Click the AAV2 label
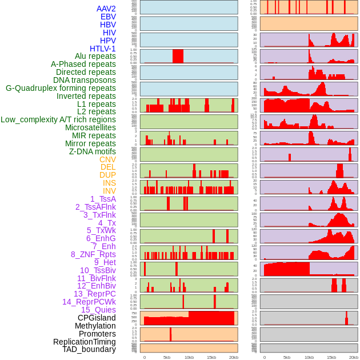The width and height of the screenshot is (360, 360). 106,9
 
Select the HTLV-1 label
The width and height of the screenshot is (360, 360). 102,49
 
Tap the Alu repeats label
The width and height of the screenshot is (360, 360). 95,57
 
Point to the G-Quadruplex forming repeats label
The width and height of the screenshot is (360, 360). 61,88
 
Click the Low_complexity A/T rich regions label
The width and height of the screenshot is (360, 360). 58,119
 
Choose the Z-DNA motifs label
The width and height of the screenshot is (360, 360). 92,151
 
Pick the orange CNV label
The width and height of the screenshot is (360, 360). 107,159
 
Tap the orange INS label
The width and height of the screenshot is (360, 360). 109,183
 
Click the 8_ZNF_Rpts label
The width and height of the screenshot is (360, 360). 93,254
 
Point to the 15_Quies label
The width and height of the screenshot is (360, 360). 98,310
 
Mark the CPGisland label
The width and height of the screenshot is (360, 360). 97,318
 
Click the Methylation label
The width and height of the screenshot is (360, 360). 95,326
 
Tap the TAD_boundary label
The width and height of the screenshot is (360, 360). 89,349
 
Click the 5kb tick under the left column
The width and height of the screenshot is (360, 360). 167,357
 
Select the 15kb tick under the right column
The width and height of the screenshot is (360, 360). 331,357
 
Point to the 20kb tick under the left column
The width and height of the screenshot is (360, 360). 234,357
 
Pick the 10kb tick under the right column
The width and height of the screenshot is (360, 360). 309,357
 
